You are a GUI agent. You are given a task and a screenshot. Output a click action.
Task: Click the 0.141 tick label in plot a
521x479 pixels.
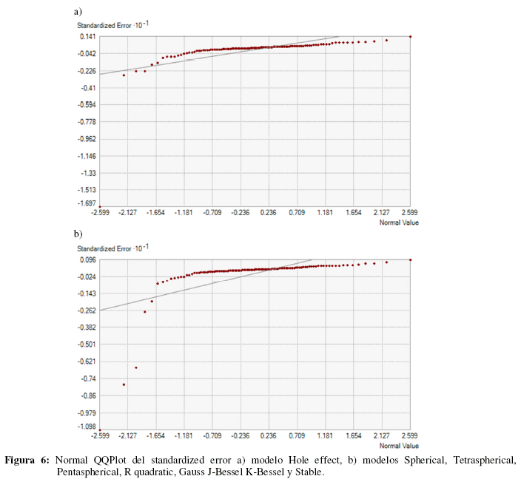pyautogui.click(x=87, y=36)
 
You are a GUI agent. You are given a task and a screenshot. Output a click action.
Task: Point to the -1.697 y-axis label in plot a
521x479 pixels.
pyautogui.click(x=87, y=203)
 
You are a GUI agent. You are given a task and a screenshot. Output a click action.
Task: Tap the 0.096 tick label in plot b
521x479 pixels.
pyautogui.click(x=87, y=259)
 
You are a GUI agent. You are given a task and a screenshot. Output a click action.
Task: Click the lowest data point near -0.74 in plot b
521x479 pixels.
pyautogui.click(x=124, y=384)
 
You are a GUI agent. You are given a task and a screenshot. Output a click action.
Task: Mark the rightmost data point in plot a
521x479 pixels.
pyautogui.click(x=410, y=36)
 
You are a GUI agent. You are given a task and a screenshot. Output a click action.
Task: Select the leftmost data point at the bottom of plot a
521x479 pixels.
pyautogui.click(x=100, y=206)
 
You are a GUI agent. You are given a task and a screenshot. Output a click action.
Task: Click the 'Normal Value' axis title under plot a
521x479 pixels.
pyautogui.click(x=395, y=222)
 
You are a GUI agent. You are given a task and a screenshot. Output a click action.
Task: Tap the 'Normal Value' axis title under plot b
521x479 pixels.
pyautogui.click(x=395, y=446)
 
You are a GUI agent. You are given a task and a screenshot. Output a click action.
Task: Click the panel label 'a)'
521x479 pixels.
pyautogui.click(x=78, y=11)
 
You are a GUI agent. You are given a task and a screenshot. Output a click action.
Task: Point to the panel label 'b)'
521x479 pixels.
pyautogui.click(x=78, y=234)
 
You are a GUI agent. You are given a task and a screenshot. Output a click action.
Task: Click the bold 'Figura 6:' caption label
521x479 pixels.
pyautogui.click(x=27, y=460)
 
